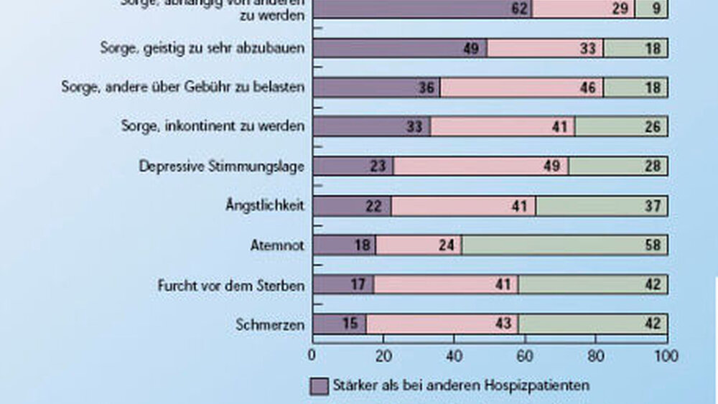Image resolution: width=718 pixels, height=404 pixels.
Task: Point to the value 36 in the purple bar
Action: click(427, 88)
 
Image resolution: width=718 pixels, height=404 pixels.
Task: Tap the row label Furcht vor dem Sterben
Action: click(231, 285)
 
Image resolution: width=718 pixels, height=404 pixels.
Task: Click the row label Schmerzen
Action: click(270, 324)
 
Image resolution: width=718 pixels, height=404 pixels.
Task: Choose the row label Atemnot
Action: click(281, 245)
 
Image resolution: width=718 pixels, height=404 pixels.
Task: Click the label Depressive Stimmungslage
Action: click(222, 166)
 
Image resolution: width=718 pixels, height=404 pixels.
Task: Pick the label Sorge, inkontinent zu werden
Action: click(213, 126)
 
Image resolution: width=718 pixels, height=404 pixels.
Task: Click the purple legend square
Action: click(320, 386)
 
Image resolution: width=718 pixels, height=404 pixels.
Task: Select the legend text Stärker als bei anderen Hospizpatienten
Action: click(461, 386)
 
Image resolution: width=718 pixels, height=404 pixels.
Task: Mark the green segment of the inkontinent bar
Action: click(621, 127)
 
